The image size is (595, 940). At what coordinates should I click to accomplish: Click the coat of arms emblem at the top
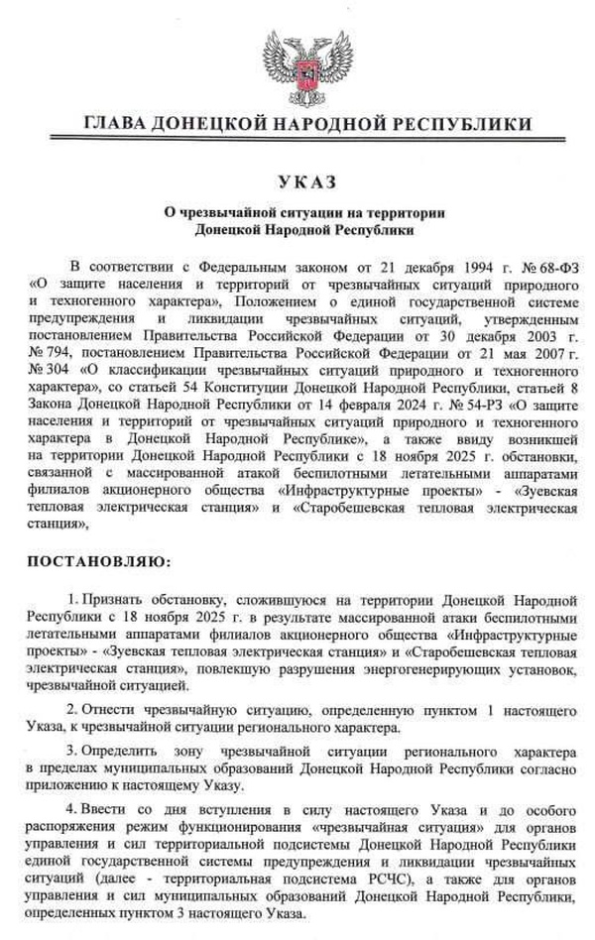pos(297,68)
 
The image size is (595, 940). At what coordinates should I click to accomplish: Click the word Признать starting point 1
pos(111,602)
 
